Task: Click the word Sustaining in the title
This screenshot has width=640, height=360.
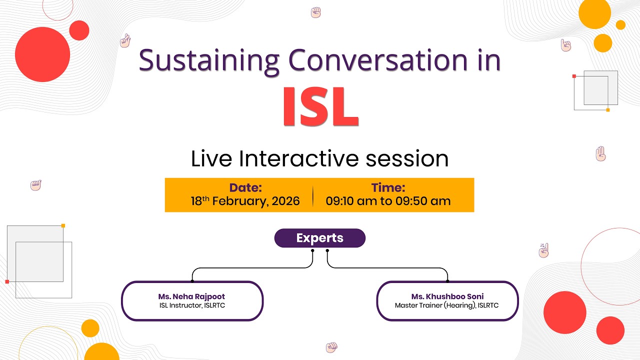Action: tap(209, 60)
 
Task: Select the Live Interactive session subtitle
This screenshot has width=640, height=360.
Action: tap(319, 158)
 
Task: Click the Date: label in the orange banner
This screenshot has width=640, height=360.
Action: tap(245, 188)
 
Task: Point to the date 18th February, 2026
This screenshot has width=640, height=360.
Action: tap(245, 201)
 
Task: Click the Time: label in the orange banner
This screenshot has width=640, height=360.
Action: tap(388, 188)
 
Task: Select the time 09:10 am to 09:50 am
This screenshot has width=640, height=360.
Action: tap(388, 201)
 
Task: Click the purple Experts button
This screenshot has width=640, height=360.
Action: tap(320, 238)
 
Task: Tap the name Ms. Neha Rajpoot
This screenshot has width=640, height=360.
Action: tap(192, 296)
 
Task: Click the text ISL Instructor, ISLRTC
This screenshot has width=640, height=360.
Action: tap(192, 305)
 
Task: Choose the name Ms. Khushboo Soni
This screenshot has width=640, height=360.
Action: tap(447, 296)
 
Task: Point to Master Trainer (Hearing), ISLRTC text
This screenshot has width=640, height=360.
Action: tap(447, 305)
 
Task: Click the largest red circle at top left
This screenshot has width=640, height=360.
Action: tap(42, 54)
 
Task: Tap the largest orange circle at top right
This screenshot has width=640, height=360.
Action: tap(594, 13)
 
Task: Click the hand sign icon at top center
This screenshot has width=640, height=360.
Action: tap(315, 12)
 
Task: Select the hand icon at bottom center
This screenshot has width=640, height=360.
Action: tap(331, 346)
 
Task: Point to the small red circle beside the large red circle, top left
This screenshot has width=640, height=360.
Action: tap(79, 30)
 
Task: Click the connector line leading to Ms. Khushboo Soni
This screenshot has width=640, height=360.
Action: tap(390, 268)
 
